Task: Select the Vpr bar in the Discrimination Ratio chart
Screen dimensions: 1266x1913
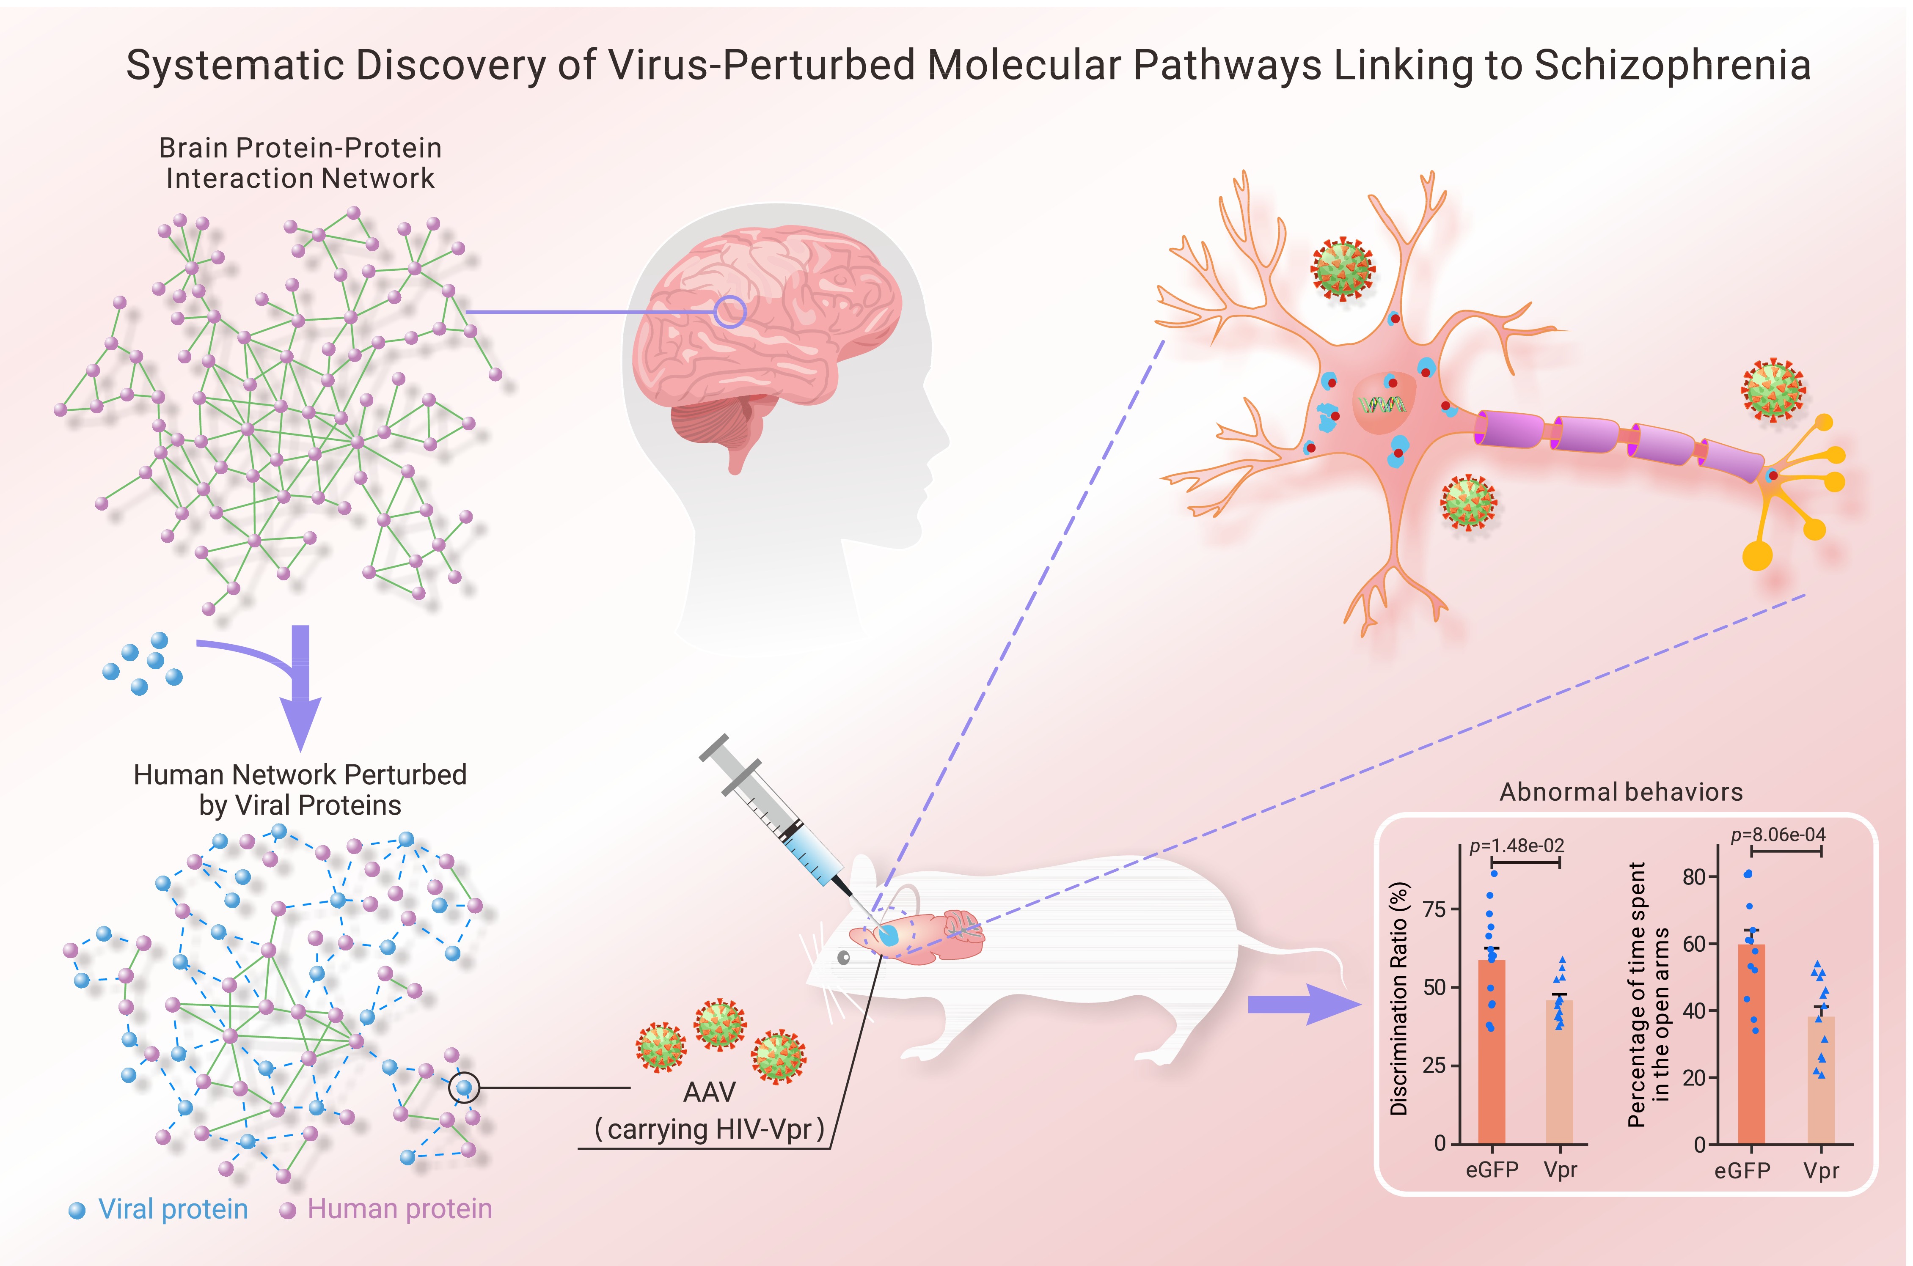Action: [1559, 1074]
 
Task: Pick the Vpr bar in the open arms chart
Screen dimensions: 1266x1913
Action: [1821, 1082]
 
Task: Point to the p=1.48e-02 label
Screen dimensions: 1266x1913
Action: [1517, 846]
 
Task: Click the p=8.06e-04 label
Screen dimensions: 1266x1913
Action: [1777, 834]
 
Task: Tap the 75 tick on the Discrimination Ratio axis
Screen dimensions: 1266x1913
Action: [1434, 909]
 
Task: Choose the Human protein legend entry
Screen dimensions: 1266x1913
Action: [386, 1208]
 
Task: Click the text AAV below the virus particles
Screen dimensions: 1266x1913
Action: [709, 1093]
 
